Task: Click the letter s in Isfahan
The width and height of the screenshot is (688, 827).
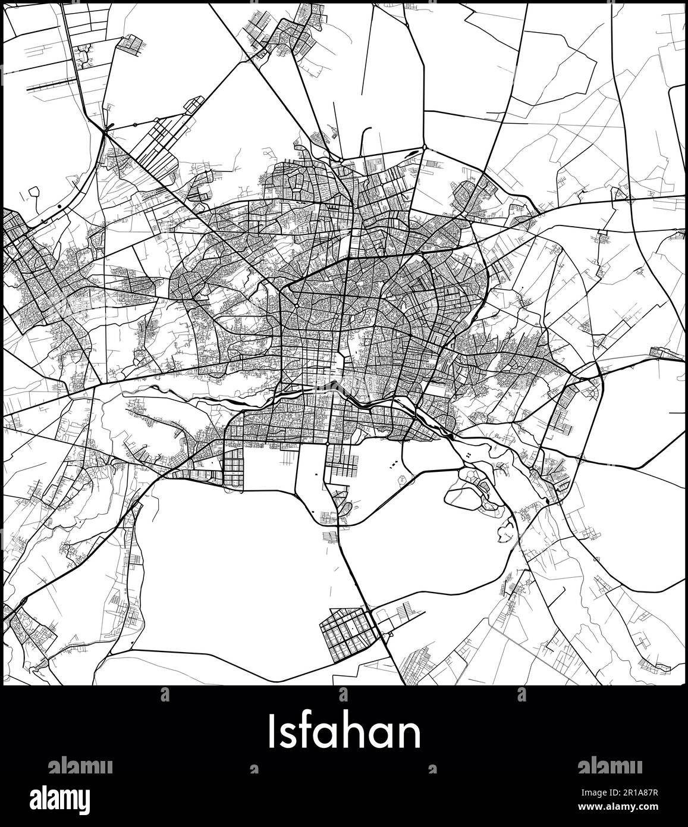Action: [x=288, y=735]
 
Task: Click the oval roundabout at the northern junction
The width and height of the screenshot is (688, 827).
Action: [x=424, y=148]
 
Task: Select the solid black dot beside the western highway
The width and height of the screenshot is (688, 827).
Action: [x=60, y=206]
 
